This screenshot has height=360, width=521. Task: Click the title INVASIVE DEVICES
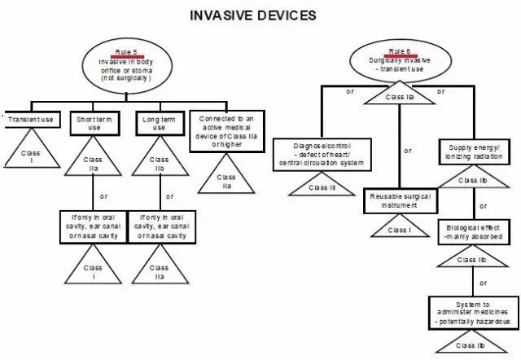pyautogui.click(x=252, y=15)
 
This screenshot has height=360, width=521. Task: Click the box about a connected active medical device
pyautogui.click(x=227, y=129)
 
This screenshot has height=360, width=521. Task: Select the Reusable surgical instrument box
pyautogui.click(x=399, y=201)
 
